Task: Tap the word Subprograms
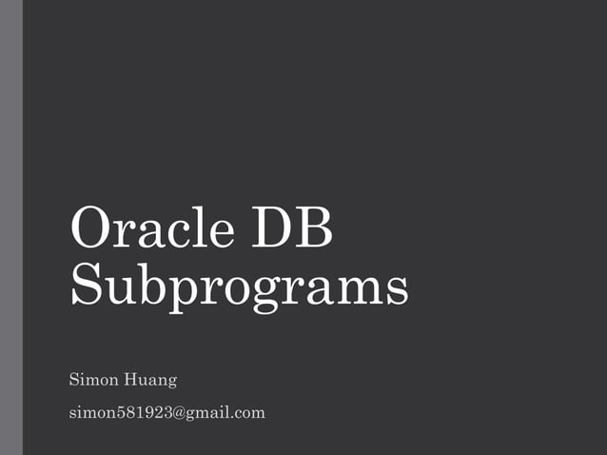pos(239,285)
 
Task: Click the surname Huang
pos(151,382)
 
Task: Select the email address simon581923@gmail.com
pos(167,413)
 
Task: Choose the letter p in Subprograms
pos(178,289)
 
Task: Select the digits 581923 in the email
pos(143,413)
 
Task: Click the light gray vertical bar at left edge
pos(10,227)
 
